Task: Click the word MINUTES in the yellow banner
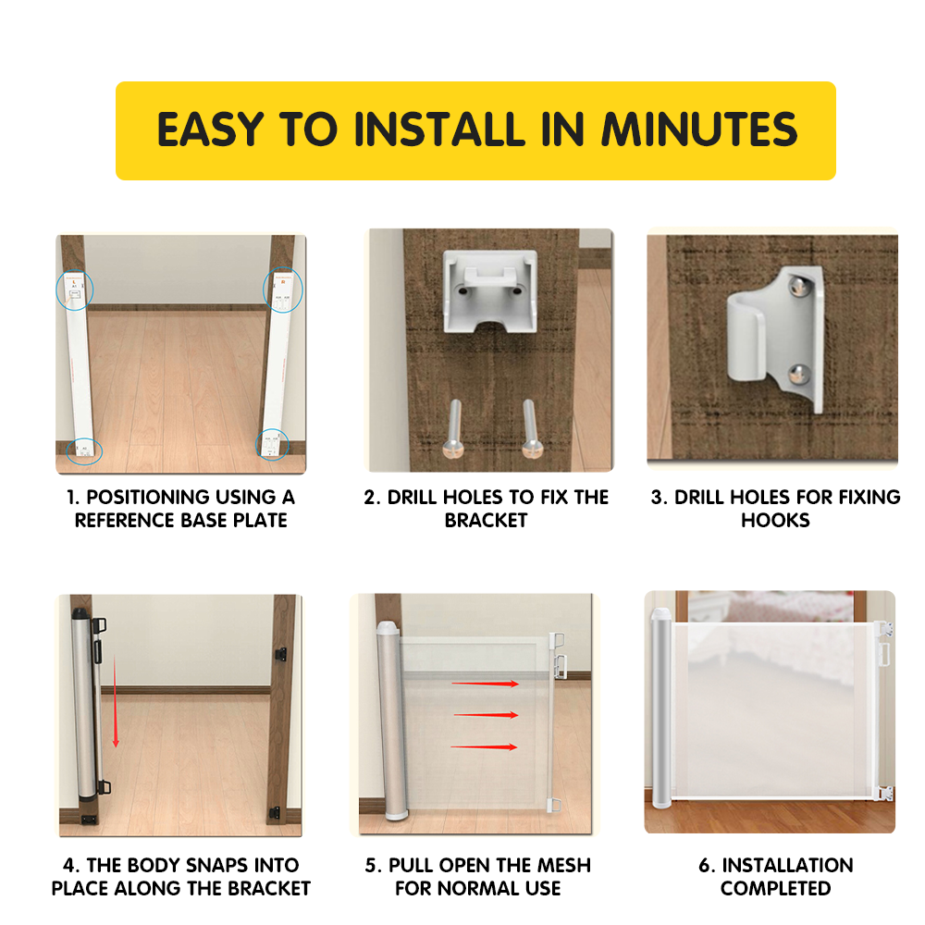699,129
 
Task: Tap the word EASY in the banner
210,129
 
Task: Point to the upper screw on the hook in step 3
798,287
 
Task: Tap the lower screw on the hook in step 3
799,374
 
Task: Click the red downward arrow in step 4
115,701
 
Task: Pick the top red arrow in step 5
486,684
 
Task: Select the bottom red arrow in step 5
485,746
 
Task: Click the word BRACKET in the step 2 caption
487,520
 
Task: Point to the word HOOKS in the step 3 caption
776,520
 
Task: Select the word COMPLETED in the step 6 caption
776,888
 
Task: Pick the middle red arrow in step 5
487,715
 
